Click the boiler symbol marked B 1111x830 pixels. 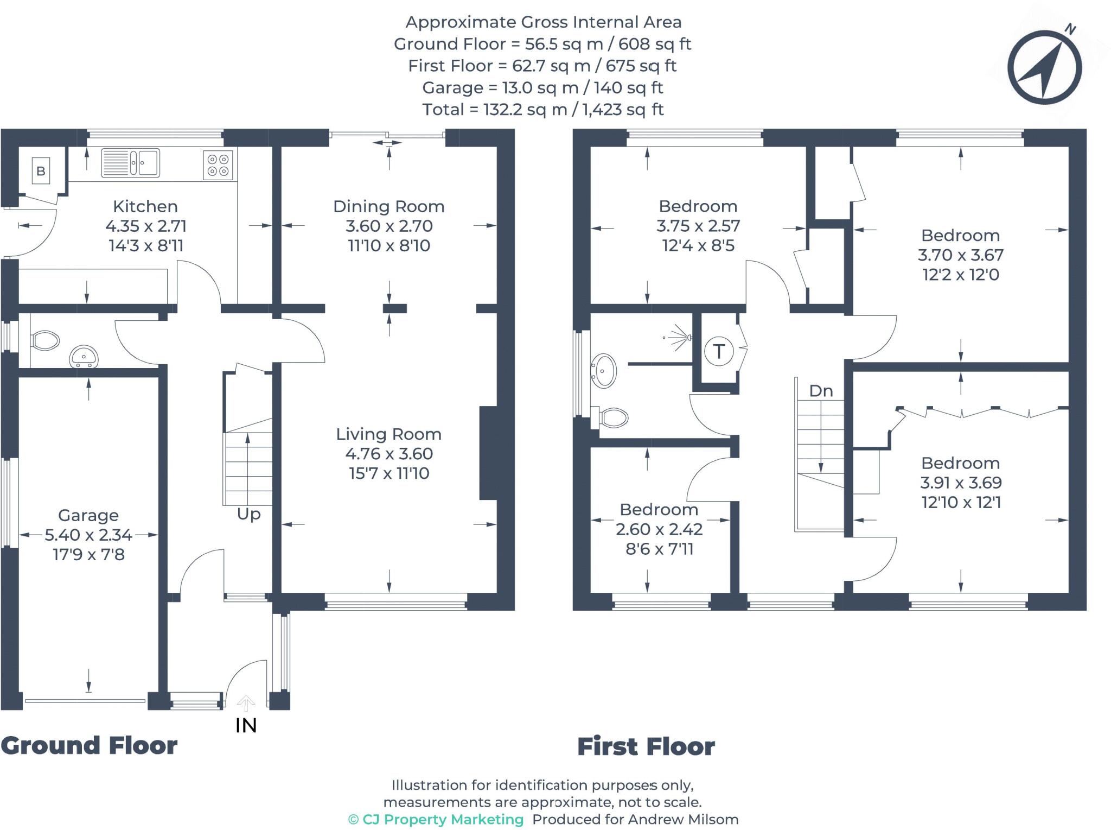click(41, 171)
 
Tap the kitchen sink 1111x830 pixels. click(131, 162)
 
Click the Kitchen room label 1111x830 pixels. click(145, 206)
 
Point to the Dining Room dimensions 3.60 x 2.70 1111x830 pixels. click(389, 226)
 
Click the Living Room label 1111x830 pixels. click(388, 434)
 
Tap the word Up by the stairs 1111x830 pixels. click(248, 514)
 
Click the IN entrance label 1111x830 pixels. click(246, 725)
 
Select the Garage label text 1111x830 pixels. click(88, 515)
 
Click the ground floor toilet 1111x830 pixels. click(46, 341)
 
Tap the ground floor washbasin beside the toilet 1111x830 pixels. click(84, 356)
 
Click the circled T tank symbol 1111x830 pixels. click(719, 351)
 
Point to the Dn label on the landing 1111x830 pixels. click(821, 391)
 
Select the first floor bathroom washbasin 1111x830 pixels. click(604, 370)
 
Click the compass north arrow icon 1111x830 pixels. click(1045, 68)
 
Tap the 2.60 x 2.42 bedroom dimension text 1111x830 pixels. click(659, 529)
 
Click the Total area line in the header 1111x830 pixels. click(542, 110)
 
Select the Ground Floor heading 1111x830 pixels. click(89, 746)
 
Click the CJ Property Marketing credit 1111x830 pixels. click(436, 819)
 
